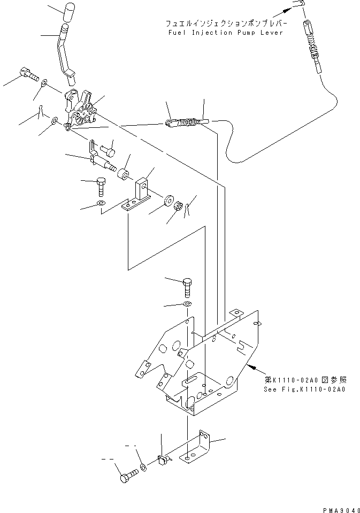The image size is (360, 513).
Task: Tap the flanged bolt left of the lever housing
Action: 29,73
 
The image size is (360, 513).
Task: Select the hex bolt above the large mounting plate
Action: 187,288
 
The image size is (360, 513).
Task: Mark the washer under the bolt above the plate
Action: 187,304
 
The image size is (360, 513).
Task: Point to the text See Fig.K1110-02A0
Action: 304,389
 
